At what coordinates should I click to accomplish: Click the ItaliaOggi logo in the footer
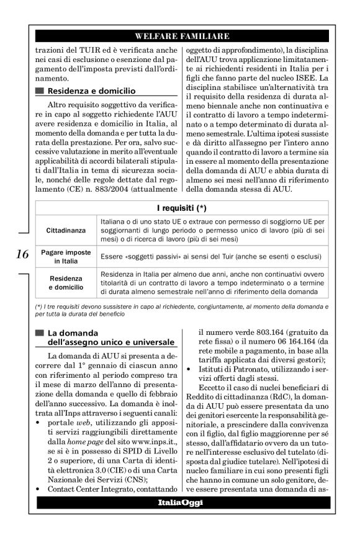point(182,501)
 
